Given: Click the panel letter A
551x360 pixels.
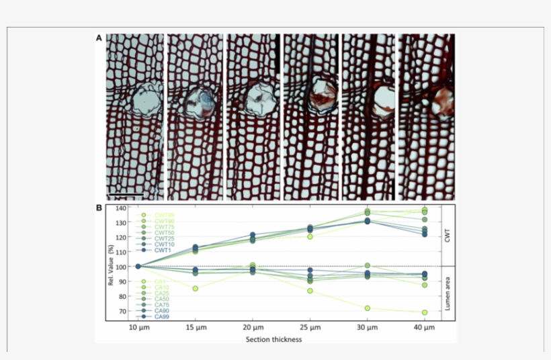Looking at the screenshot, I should [x=99, y=38].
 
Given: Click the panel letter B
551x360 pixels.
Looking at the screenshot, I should [x=99, y=208].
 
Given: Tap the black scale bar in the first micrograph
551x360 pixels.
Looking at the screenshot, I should [x=126, y=195].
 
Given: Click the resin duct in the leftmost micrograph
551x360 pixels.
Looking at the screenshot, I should [x=143, y=100].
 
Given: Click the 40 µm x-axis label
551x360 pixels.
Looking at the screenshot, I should [x=424, y=328].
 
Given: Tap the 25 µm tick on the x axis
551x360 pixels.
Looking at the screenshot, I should [x=310, y=328].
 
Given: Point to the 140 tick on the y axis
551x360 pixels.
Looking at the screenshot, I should [x=120, y=208].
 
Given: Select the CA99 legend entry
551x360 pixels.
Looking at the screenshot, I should [x=161, y=316].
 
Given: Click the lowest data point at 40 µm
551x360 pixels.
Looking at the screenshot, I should [x=424, y=312].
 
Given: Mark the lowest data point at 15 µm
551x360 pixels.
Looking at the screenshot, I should [x=196, y=289].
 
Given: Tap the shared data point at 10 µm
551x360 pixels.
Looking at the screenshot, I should [x=138, y=266].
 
